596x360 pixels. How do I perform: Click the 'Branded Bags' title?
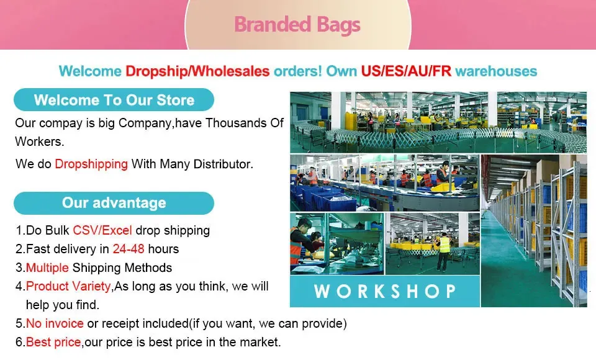click(297, 25)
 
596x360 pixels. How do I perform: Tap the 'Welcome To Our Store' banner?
click(114, 100)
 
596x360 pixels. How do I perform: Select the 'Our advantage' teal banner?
click(114, 203)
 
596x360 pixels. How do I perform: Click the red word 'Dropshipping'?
click(91, 164)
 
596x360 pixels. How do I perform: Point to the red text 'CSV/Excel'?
click(102, 230)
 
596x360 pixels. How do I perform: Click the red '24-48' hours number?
click(129, 249)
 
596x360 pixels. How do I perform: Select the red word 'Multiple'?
click(47, 268)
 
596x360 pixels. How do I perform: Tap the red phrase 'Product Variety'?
click(68, 286)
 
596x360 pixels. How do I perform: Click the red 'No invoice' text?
click(55, 323)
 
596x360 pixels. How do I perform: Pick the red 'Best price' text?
click(53, 342)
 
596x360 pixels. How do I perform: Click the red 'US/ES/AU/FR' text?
click(406, 71)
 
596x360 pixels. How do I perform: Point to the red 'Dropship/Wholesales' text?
click(197, 71)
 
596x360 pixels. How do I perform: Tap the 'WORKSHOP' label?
click(385, 291)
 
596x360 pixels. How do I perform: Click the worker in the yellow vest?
click(443, 251)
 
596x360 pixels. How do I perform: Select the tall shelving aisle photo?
click(534, 231)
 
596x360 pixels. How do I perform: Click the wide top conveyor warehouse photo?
click(438, 122)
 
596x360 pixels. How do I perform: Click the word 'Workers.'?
click(40, 142)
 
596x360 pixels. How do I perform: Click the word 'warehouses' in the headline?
click(496, 71)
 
